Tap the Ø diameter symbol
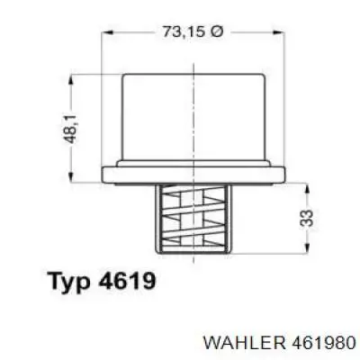(216, 31)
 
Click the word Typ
(70, 282)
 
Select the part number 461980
(321, 343)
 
